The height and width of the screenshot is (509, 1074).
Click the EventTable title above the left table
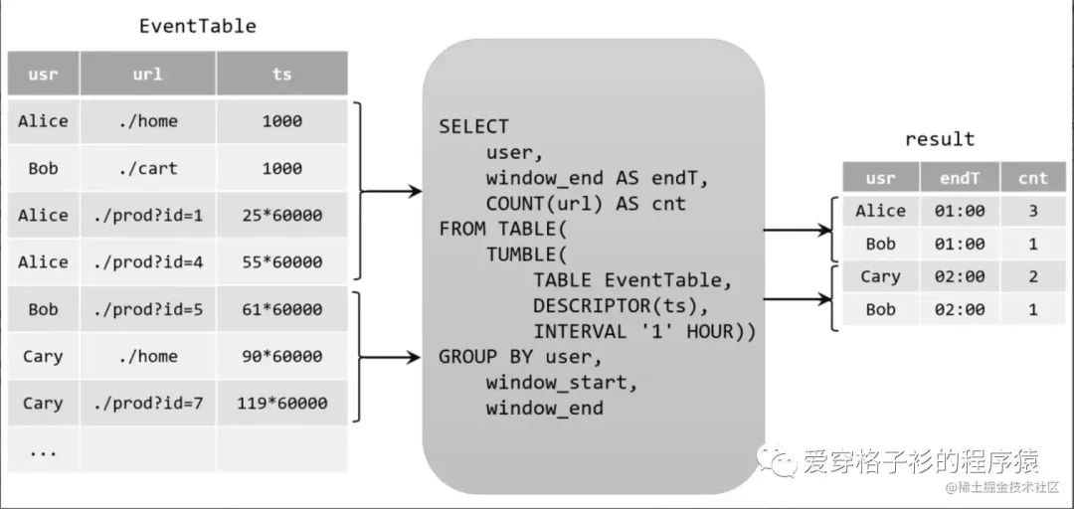pyautogui.click(x=197, y=26)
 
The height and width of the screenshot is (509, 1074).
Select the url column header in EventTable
pyautogui.click(x=147, y=75)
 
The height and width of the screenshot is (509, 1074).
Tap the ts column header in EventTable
pyautogui.click(x=281, y=75)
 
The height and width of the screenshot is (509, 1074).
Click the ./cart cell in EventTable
pyautogui.click(x=147, y=168)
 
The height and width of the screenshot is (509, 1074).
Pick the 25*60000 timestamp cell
pyautogui.click(x=281, y=215)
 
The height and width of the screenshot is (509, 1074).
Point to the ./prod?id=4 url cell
pyautogui.click(x=147, y=262)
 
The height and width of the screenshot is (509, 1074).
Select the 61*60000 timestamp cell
pyautogui.click(x=281, y=309)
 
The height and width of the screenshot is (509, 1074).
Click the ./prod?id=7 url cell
pyautogui.click(x=147, y=404)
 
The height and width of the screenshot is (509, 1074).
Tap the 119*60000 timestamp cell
pyautogui.click(x=281, y=404)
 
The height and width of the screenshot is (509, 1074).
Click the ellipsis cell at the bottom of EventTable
pyautogui.click(x=43, y=450)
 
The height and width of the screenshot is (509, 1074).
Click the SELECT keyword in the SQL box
pyautogui.click(x=473, y=127)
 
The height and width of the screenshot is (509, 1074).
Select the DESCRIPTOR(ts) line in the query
pyautogui.click(x=621, y=305)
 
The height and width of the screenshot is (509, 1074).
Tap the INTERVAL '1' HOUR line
pyautogui.click(x=643, y=331)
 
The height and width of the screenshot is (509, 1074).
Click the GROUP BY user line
pyautogui.click(x=521, y=357)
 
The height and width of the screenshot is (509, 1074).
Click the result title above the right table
pyautogui.click(x=940, y=139)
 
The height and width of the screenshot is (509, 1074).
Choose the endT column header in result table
pyautogui.click(x=959, y=178)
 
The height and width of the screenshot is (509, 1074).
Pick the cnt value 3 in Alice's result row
pyautogui.click(x=1032, y=211)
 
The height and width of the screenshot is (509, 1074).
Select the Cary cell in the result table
pyautogui.click(x=880, y=276)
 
